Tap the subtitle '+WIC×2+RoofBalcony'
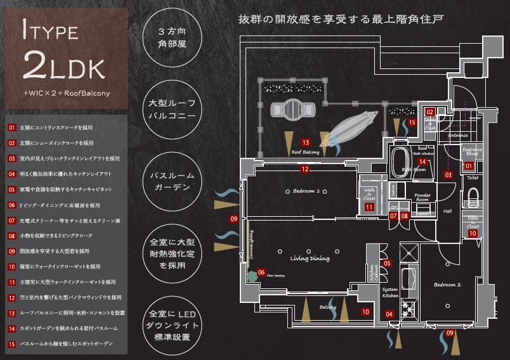tap(66, 93)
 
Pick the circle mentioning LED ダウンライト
tap(167, 323)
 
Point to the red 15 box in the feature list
tap(11, 344)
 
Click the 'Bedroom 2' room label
tap(447, 285)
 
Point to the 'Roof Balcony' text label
tap(305, 152)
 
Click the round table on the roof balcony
tap(293, 110)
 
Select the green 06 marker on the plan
tap(261, 273)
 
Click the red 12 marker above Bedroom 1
tap(304, 169)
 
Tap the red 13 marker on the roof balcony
tap(306, 143)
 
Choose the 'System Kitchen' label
tap(390, 292)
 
